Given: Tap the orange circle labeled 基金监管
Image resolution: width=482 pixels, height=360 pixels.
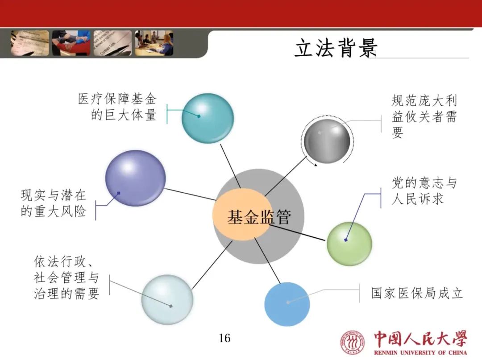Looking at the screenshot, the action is (243, 216).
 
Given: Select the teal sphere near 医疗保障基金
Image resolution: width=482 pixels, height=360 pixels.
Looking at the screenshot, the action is (208, 118).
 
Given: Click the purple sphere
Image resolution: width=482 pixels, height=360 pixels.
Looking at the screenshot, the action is (135, 178).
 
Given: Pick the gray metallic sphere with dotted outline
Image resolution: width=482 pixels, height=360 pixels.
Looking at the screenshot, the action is (327, 141).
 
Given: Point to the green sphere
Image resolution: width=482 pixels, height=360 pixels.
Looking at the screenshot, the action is (349, 244).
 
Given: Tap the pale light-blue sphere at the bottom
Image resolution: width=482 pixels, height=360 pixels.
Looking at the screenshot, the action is (167, 299).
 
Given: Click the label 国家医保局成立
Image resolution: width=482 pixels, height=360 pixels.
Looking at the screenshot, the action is (417, 293).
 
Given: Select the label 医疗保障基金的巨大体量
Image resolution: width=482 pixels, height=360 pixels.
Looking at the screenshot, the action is (117, 107).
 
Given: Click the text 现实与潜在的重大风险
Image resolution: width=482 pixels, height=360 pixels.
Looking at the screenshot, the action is (53, 203).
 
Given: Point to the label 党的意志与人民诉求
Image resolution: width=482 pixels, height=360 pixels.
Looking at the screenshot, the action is (424, 191).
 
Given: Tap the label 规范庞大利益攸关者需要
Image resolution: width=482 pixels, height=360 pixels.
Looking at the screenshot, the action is (424, 116).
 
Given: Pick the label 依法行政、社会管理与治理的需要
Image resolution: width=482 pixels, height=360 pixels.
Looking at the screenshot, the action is (66, 277).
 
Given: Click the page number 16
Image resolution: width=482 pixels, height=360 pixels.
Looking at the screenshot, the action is (224, 338).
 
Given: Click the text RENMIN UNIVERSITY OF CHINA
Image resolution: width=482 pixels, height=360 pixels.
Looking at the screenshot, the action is (420, 352).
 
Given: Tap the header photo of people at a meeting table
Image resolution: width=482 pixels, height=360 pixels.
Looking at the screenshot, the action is (154, 43).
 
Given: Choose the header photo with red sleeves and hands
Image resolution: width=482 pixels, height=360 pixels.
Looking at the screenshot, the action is (71, 43).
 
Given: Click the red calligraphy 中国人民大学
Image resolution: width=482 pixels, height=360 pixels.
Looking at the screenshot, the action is (420, 339).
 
